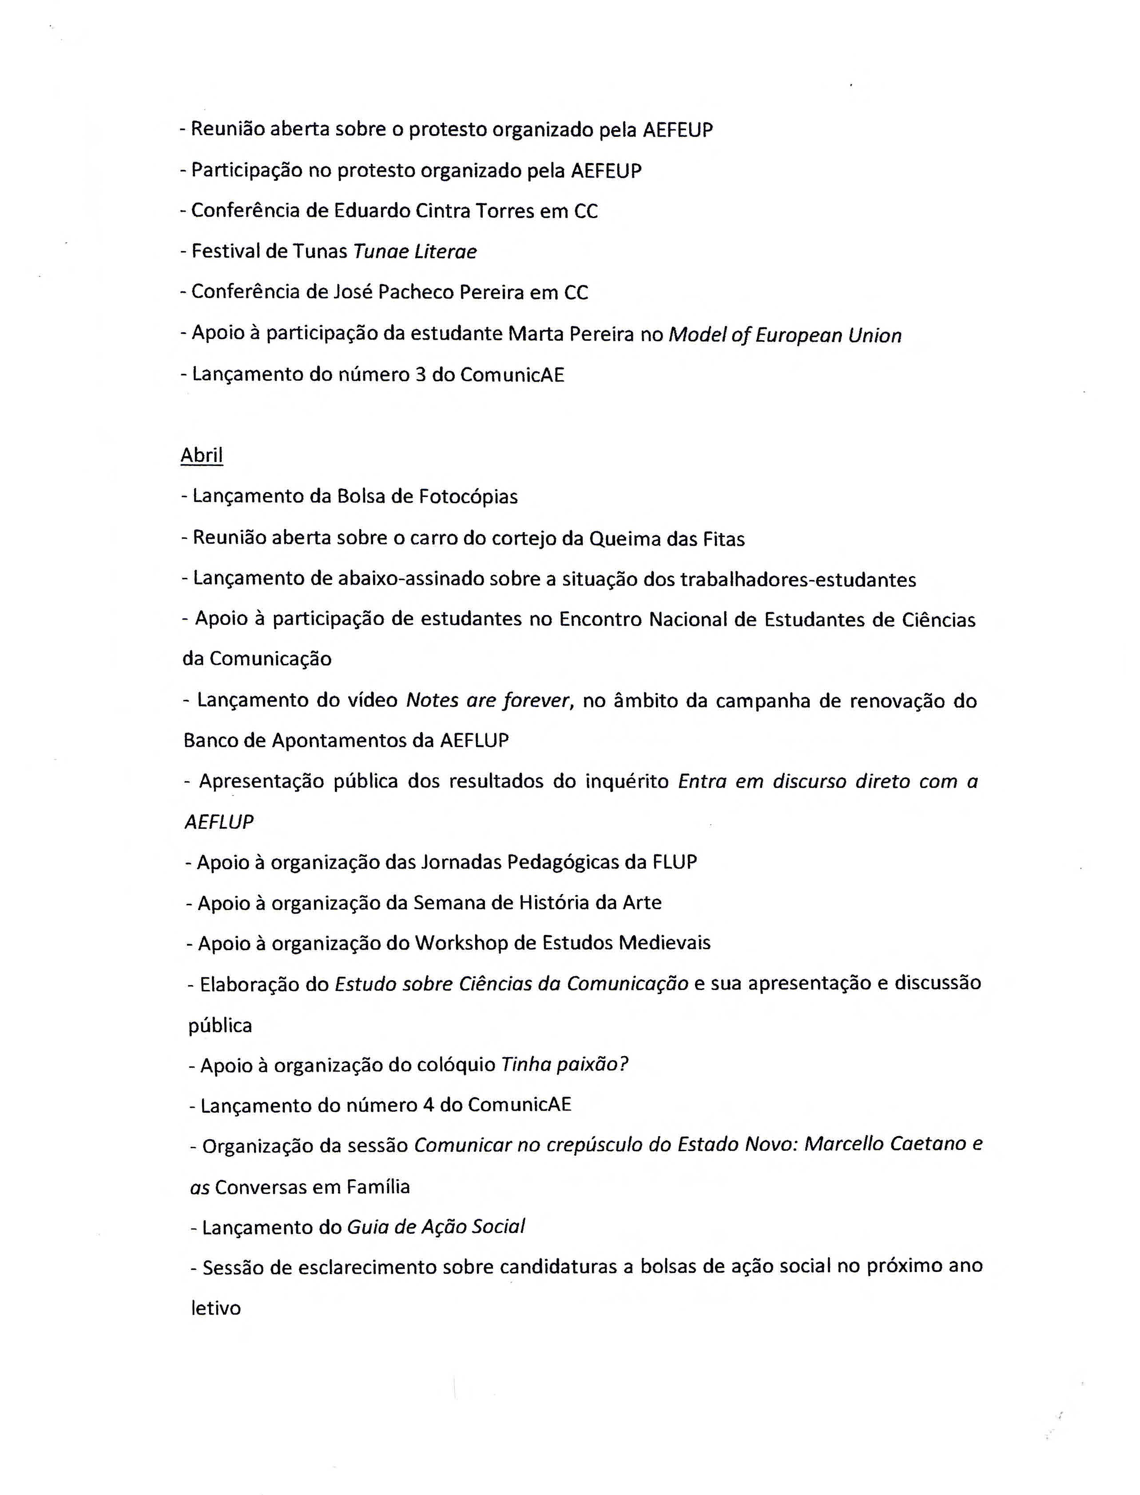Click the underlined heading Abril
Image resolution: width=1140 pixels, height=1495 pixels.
202,455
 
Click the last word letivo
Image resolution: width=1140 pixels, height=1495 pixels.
216,1308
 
